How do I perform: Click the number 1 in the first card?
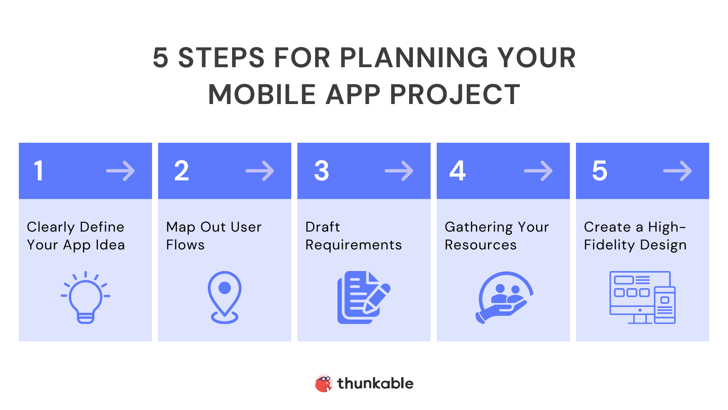[x=39, y=170]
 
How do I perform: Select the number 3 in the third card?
[x=322, y=170]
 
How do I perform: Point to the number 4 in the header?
[x=458, y=170]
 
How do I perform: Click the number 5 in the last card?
[x=600, y=170]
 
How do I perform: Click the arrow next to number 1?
[x=121, y=171]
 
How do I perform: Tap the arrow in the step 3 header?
[x=399, y=171]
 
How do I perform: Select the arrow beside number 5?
[x=678, y=171]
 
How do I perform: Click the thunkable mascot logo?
[x=323, y=383]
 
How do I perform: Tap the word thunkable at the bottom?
[x=375, y=383]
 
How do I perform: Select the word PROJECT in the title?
[x=455, y=95]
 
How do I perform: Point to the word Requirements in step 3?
[x=353, y=245]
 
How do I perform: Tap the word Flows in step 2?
[x=185, y=245]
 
